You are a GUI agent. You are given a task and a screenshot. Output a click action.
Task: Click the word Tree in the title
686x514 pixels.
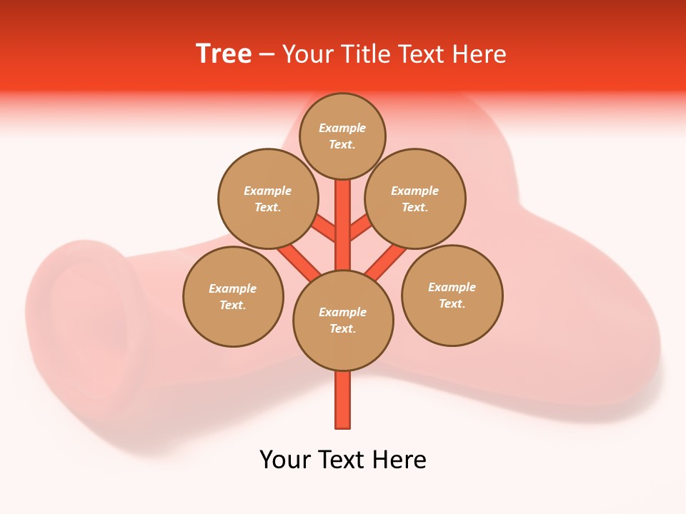click(x=224, y=54)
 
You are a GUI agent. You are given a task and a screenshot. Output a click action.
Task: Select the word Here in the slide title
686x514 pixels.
click(x=479, y=54)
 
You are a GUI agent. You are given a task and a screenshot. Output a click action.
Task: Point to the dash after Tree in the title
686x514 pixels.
click(x=267, y=54)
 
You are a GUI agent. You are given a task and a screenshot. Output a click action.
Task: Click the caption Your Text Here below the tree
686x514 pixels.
click(x=343, y=459)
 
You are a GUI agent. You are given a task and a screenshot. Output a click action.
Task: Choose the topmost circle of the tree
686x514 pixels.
click(x=342, y=136)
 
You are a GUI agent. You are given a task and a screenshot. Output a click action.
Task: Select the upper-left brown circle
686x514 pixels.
click(x=267, y=198)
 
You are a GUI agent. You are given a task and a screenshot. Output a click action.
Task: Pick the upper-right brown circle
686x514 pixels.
click(x=415, y=198)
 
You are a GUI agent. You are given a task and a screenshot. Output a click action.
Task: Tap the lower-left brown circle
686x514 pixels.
click(x=233, y=296)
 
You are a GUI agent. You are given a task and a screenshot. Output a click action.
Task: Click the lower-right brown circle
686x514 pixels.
click(x=452, y=296)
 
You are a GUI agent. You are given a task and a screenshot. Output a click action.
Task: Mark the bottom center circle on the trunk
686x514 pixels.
click(x=343, y=321)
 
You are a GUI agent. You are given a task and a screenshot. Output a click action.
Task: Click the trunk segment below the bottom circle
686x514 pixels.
click(x=343, y=400)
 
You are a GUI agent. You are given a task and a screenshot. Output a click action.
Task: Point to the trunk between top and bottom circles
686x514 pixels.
click(x=343, y=225)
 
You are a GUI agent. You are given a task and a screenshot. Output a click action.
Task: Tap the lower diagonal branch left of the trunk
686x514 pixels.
click(x=299, y=261)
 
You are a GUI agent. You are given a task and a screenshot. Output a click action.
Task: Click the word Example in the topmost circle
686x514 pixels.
click(x=342, y=128)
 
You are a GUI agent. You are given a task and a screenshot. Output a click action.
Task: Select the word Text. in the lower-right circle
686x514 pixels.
click(x=452, y=303)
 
